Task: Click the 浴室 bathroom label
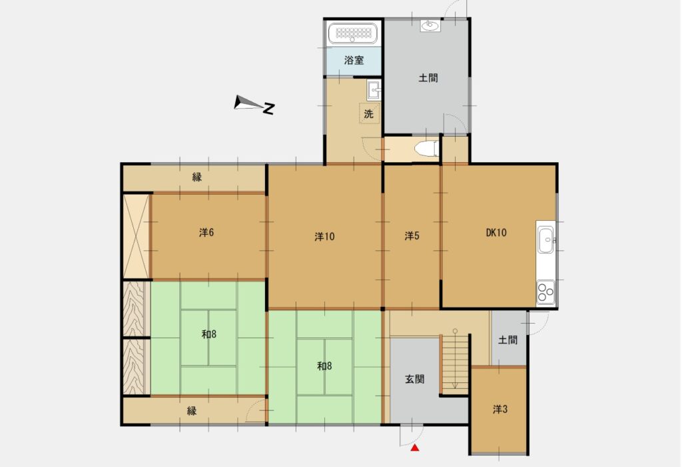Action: (x=354, y=60)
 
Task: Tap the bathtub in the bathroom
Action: (x=352, y=33)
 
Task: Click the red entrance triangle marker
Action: (x=415, y=448)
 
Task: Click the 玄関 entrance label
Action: (x=414, y=379)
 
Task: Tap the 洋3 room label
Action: (x=500, y=409)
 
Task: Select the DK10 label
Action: (x=496, y=233)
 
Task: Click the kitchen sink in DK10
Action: (x=545, y=240)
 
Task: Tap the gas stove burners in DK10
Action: (x=545, y=292)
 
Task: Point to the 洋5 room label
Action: (x=412, y=236)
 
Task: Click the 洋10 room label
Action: (x=324, y=237)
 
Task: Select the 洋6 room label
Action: (x=206, y=233)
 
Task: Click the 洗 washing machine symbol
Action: (x=369, y=113)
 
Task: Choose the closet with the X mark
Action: (x=136, y=236)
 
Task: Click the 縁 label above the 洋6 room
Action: (x=197, y=177)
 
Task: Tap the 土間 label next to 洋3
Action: (x=508, y=340)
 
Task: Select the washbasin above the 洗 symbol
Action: (x=374, y=90)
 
